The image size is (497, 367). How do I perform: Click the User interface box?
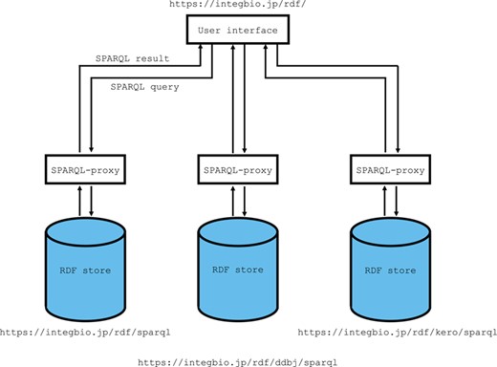238,32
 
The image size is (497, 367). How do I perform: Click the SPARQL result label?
132,59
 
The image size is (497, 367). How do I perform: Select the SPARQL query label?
144,86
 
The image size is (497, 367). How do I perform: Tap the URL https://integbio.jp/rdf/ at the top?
238,5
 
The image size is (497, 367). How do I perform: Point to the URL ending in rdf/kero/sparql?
398,333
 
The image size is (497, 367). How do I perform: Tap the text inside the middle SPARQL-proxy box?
238,170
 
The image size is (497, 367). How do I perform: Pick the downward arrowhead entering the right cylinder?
397,214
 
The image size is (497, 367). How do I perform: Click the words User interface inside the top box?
238,32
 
